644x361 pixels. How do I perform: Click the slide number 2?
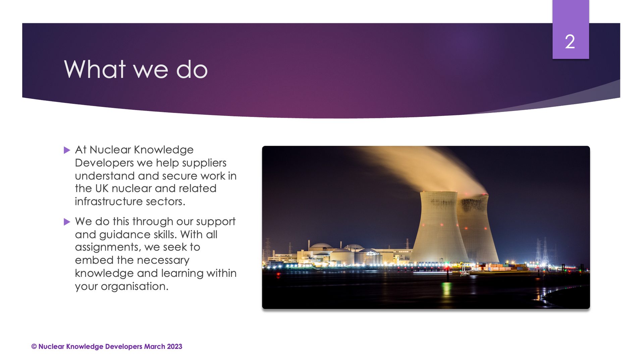570,42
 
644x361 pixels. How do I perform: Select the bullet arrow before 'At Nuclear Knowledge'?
67,150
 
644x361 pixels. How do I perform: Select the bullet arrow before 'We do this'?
67,222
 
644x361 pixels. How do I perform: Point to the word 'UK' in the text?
102,188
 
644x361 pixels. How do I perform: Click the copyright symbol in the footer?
34,347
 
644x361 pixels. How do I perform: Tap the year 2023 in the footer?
174,347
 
